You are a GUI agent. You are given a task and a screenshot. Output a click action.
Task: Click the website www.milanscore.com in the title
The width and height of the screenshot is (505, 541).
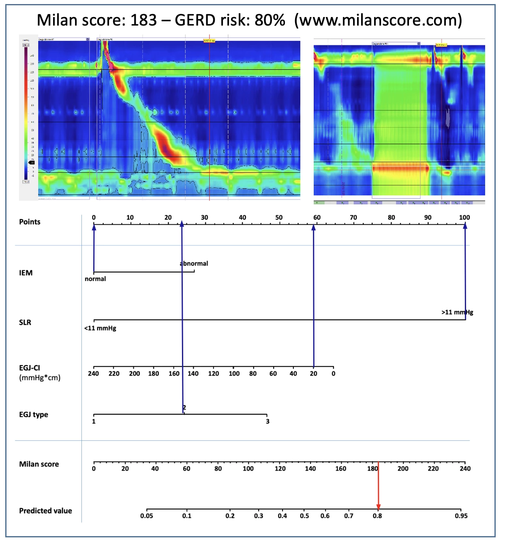(x=378, y=20)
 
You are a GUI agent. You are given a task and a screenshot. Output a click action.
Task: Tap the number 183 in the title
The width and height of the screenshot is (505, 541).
(x=143, y=20)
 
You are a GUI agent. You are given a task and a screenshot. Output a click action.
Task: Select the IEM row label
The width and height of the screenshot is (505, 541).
(x=26, y=273)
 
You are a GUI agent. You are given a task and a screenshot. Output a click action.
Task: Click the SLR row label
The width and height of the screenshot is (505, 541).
(x=25, y=322)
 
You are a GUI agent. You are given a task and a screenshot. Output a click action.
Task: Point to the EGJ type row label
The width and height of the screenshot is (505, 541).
(x=34, y=414)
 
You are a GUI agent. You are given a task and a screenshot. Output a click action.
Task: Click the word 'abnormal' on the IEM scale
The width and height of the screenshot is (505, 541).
(x=194, y=264)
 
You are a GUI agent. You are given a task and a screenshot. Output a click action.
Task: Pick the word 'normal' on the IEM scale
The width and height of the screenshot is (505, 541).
(x=95, y=279)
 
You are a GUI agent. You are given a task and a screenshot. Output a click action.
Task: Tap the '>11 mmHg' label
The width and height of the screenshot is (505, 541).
(x=457, y=312)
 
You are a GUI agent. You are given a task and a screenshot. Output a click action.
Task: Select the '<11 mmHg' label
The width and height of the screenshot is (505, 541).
(x=100, y=328)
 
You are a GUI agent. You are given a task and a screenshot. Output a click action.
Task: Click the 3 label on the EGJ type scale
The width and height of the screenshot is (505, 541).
(x=267, y=421)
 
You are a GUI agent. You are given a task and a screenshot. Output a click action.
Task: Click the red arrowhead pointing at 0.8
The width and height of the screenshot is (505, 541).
(x=379, y=507)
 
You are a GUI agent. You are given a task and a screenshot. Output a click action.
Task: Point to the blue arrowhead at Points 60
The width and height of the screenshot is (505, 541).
(x=313, y=227)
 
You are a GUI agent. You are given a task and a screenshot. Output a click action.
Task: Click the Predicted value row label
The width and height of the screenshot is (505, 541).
(x=45, y=511)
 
